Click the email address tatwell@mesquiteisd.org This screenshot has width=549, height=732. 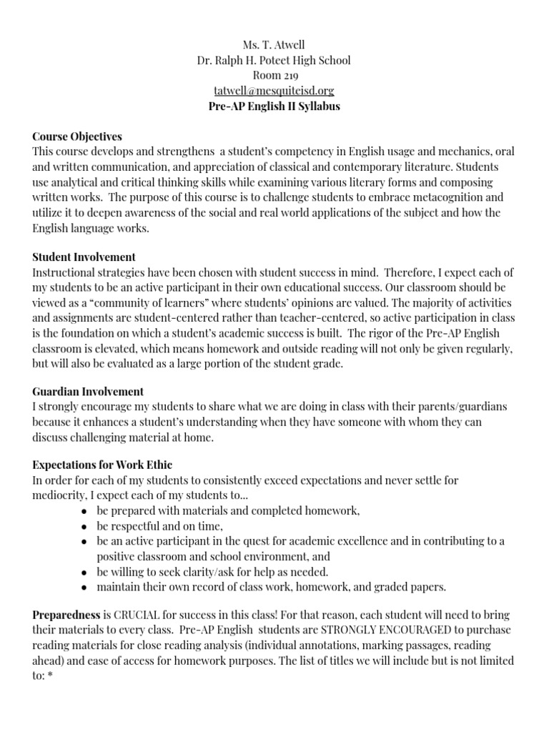pyautogui.click(x=274, y=91)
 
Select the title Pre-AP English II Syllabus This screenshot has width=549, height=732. pyautogui.click(x=274, y=106)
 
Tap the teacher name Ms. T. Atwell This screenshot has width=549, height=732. pyautogui.click(x=274, y=44)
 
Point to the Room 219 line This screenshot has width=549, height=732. pyautogui.click(x=274, y=75)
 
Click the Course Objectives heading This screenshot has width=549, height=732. pyautogui.click(x=77, y=136)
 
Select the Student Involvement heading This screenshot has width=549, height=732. pyautogui.click(x=84, y=257)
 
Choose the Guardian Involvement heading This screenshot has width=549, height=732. pyautogui.click(x=88, y=391)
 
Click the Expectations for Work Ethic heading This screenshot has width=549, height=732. pyautogui.click(x=102, y=465)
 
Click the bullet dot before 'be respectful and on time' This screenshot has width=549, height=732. pyautogui.click(x=84, y=526)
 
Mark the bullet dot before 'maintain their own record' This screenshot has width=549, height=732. pyautogui.click(x=84, y=587)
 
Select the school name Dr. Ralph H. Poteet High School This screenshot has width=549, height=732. pyautogui.click(x=274, y=59)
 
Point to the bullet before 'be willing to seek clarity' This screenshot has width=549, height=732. pyautogui.click(x=84, y=572)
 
